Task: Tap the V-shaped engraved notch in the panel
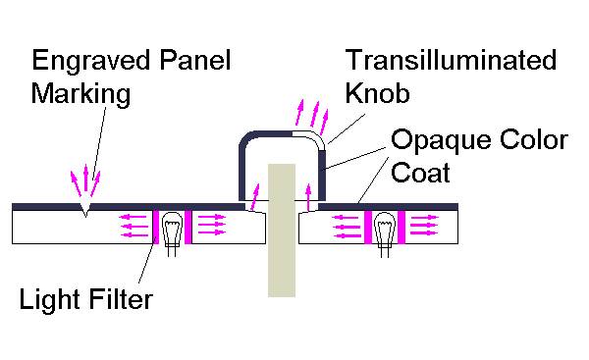86,210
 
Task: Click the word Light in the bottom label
48,298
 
